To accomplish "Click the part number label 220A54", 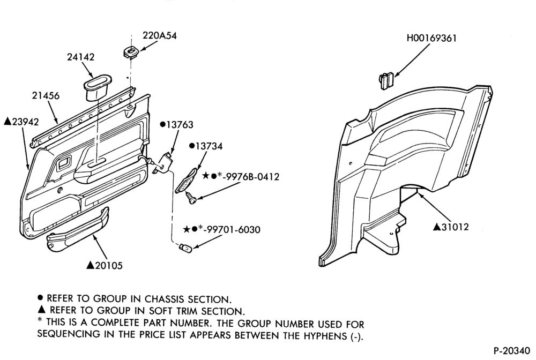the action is [159, 35].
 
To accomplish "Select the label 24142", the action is [80, 57].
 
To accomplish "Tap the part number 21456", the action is [46, 96].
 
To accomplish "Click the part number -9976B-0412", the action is [250, 177].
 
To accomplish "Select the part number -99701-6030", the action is [231, 229].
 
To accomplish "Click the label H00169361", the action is [431, 38].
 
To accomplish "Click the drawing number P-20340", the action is [512, 351].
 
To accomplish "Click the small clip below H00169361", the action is [386, 80].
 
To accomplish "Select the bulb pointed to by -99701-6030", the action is [187, 246].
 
